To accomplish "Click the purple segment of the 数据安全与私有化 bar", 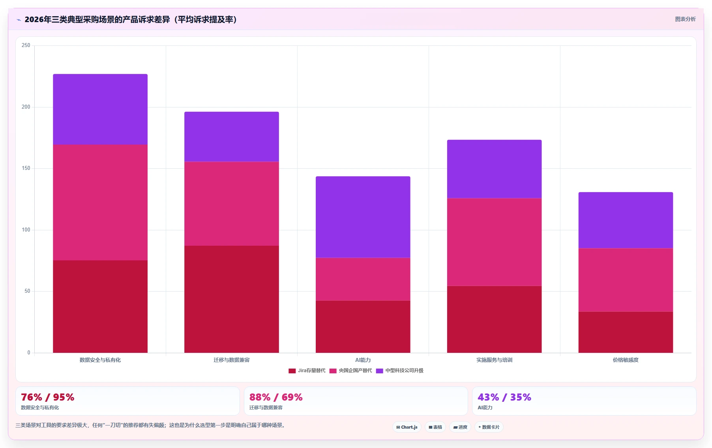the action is tap(100, 109).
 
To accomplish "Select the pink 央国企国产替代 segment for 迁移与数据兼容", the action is tap(232, 204).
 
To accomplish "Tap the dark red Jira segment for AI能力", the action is tap(363, 327).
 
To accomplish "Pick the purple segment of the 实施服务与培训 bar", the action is tap(494, 169).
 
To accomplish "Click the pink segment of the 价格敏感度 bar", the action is tap(626, 280).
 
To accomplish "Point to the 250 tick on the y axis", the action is tap(26, 45).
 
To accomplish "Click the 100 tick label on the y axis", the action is tap(26, 230).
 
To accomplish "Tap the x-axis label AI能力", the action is tap(363, 360).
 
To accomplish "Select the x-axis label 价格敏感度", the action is tap(626, 360).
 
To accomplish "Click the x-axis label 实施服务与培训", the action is tap(494, 360).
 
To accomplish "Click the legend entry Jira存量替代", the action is tap(307, 371).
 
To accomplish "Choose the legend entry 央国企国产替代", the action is tap(351, 371).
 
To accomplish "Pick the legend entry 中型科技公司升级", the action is tap(400, 371).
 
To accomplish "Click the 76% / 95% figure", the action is tap(47, 397).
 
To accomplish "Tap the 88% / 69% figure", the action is tap(276, 397).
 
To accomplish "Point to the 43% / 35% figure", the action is tap(504, 397).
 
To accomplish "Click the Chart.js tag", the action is tap(407, 427).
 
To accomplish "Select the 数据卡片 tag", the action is tap(489, 427).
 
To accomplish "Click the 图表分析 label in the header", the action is tap(685, 19).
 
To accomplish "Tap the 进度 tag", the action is tap(460, 427).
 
